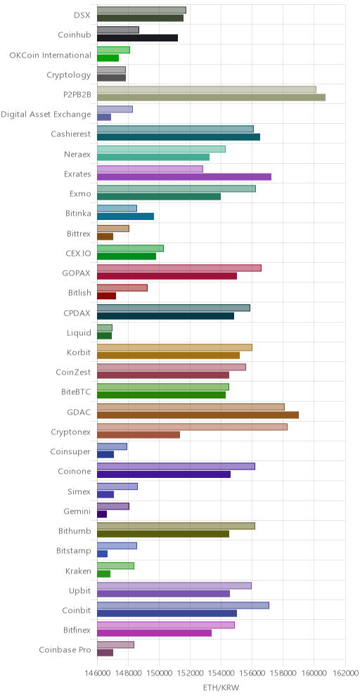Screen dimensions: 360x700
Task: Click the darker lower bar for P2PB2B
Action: pos(211,97)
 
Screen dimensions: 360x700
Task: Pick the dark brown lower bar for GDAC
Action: pos(198,415)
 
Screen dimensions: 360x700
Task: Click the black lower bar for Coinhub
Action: pos(137,38)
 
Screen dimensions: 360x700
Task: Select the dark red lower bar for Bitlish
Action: pos(106,296)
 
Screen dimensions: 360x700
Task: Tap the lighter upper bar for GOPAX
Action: pos(179,268)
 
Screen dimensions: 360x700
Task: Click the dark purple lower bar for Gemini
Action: pos(102,514)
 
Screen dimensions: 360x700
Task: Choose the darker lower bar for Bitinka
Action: pos(126,216)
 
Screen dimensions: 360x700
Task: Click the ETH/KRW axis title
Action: pos(221,688)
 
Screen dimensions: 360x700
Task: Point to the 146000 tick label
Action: pos(97,673)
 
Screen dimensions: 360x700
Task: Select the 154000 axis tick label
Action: pos(221,673)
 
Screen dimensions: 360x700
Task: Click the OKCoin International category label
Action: pos(51,56)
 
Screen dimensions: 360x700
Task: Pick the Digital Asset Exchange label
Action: pos(46,115)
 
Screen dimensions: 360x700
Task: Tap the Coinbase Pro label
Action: pos(65,649)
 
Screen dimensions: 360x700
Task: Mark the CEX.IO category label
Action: pos(79,254)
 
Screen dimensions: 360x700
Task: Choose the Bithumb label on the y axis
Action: pos(75,531)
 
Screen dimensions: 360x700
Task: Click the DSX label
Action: pos(83,15)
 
